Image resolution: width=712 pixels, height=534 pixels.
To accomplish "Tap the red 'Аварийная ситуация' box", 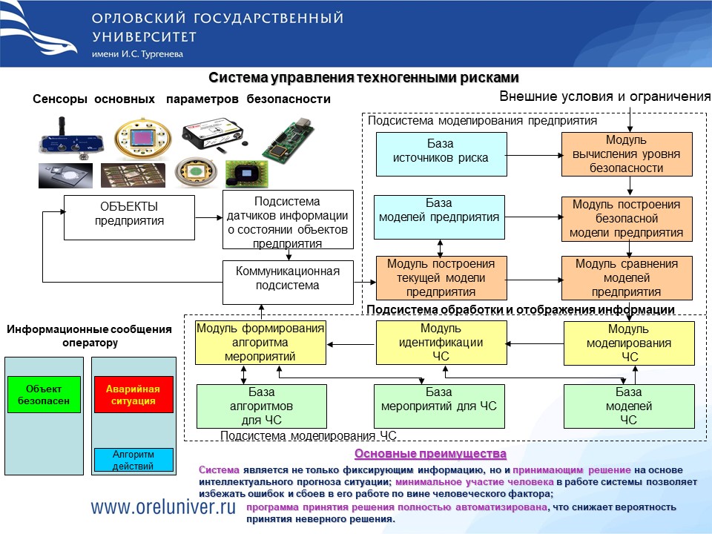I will click(133, 395).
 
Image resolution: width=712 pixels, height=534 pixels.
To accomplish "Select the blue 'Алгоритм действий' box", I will click(133, 460).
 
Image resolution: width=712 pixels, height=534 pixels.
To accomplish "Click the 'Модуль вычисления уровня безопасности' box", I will click(626, 154).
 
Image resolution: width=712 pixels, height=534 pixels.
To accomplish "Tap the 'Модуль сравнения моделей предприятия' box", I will click(626, 277).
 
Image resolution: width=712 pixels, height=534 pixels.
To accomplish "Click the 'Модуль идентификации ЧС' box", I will click(441, 343).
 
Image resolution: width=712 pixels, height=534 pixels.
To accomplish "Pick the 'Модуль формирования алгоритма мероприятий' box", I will click(260, 343).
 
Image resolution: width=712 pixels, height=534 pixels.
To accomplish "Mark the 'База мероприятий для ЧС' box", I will click(439, 406).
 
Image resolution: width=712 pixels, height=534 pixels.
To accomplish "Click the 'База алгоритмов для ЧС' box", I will click(261, 406).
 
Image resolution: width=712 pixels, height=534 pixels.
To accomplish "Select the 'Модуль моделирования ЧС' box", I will click(629, 343).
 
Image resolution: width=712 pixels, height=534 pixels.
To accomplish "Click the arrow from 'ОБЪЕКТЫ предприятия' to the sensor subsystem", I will click(208, 217).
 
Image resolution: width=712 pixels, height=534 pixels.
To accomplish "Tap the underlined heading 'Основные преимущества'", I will click(430, 453).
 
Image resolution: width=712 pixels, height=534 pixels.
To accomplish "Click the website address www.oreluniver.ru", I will click(163, 506).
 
